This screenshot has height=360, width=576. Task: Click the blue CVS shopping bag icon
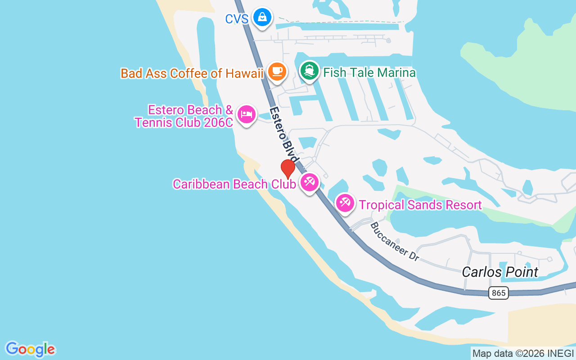[262, 18]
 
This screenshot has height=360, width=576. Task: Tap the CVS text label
[237, 19]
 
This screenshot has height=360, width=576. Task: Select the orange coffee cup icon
[277, 71]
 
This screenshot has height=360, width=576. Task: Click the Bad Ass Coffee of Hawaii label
[192, 73]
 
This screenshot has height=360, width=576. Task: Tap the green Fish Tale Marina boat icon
[309, 71]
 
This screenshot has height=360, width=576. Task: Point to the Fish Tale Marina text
[369, 73]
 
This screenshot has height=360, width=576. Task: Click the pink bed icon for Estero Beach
[246, 114]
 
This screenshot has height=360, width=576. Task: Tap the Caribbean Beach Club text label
[234, 184]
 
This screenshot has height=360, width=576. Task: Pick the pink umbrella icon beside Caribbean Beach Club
[310, 182]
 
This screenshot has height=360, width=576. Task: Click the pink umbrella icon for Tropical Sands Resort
[345, 203]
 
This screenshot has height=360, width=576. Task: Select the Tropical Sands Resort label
[420, 205]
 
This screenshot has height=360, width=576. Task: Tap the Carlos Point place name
[500, 272]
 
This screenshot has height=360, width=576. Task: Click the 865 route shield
[498, 293]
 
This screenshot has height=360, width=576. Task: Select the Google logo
[30, 349]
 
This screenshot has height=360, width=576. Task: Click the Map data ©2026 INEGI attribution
[523, 354]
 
